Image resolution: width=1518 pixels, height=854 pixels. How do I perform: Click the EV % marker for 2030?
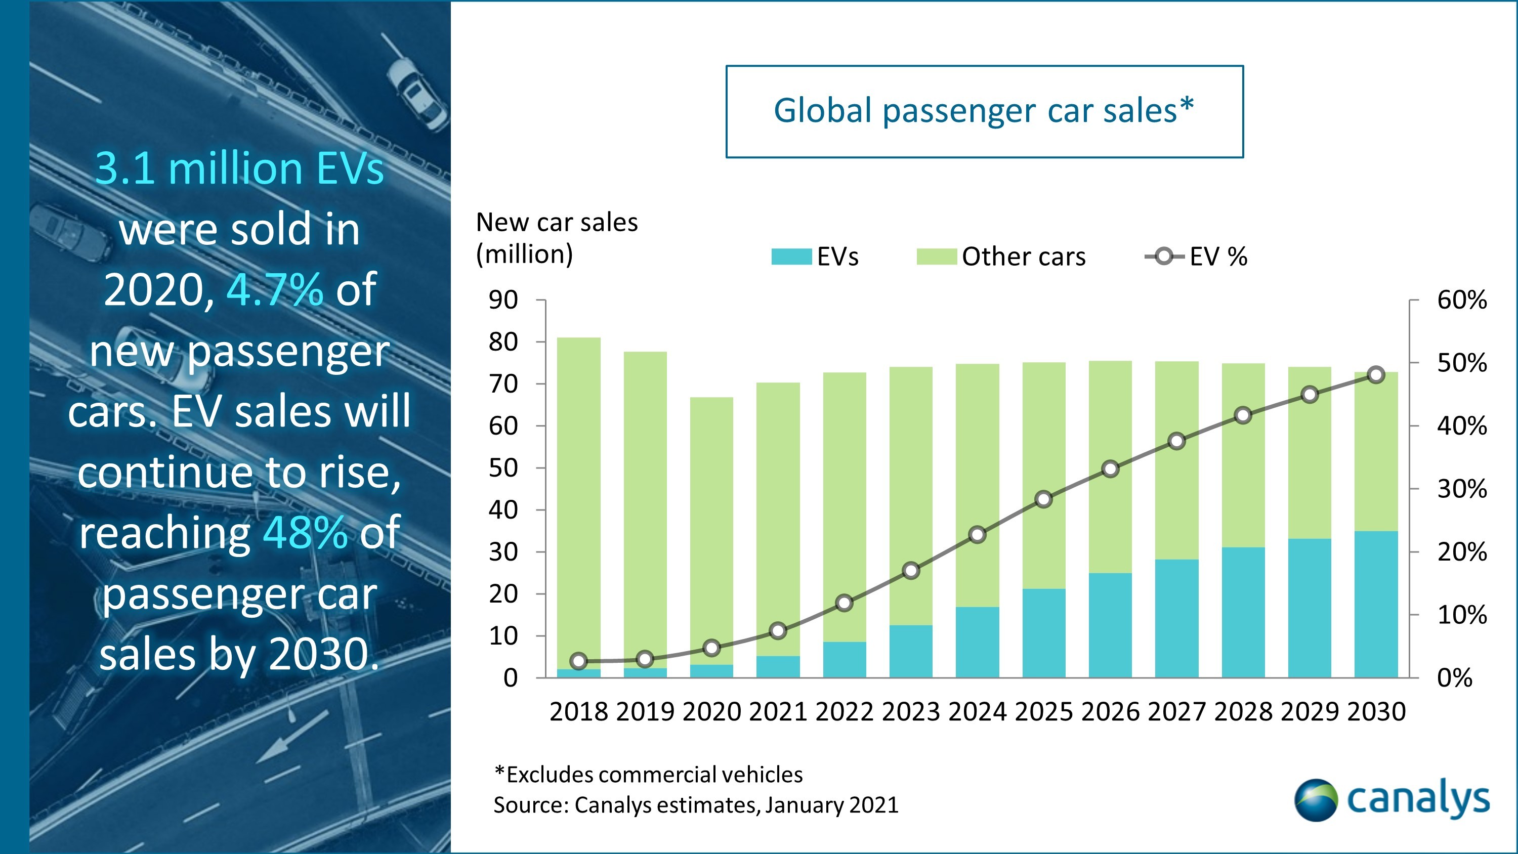[1376, 375]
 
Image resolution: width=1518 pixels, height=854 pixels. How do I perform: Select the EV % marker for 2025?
[1043, 499]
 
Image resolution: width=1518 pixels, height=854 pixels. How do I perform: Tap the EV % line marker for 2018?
[579, 661]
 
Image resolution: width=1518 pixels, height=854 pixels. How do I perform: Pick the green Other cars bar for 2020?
[711, 530]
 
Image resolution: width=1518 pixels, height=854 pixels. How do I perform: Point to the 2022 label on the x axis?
[844, 712]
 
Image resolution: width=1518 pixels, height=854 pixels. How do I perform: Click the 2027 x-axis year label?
[1176, 712]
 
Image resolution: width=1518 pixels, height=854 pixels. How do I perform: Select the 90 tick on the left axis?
[502, 300]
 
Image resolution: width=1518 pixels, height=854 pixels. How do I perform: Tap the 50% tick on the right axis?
[1461, 363]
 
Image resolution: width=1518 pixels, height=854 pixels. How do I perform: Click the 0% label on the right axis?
[1454, 678]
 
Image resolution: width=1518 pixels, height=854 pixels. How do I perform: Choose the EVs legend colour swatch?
[791, 257]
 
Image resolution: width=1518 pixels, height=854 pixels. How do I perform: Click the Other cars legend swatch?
[937, 257]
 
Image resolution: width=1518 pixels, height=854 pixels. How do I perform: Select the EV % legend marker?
[1164, 257]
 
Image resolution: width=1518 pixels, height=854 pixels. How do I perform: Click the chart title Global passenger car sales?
[984, 111]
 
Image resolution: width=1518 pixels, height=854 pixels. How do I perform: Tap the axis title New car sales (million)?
[556, 238]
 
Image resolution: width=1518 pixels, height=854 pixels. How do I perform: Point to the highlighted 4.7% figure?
[275, 289]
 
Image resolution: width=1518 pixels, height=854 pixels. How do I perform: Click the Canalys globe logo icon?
[1315, 800]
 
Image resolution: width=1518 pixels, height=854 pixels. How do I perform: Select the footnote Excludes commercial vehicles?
[648, 775]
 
